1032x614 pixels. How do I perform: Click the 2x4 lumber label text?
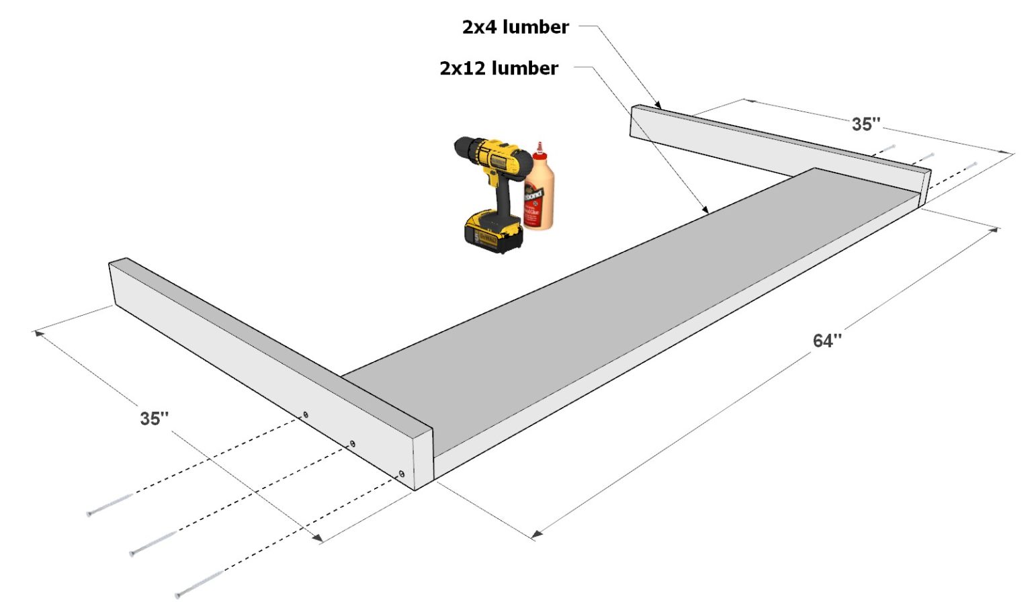(x=515, y=27)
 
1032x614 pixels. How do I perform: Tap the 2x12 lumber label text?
(x=499, y=69)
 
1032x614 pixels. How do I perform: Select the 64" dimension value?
(x=826, y=341)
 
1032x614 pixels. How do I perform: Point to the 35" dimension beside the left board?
(x=154, y=419)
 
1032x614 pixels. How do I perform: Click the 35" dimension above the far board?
(x=865, y=124)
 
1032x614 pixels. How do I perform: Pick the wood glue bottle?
(x=539, y=191)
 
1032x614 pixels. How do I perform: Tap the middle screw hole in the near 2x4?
(x=351, y=444)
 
